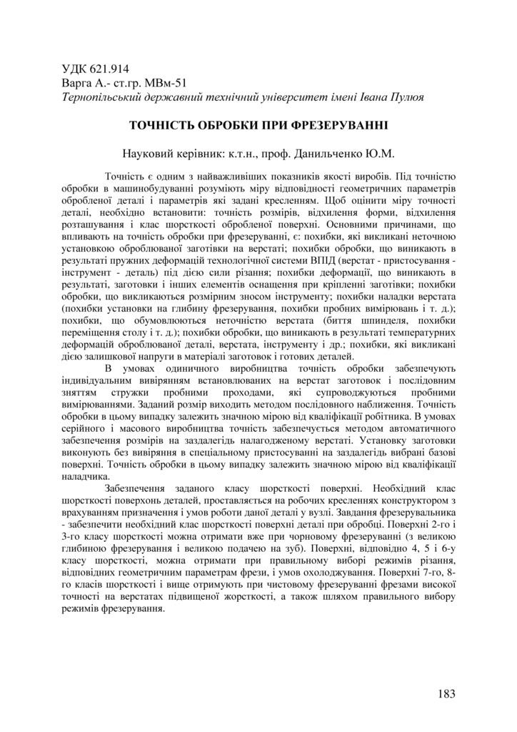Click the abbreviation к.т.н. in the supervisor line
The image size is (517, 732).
[x=217, y=153]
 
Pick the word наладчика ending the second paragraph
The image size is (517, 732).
[x=86, y=475]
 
